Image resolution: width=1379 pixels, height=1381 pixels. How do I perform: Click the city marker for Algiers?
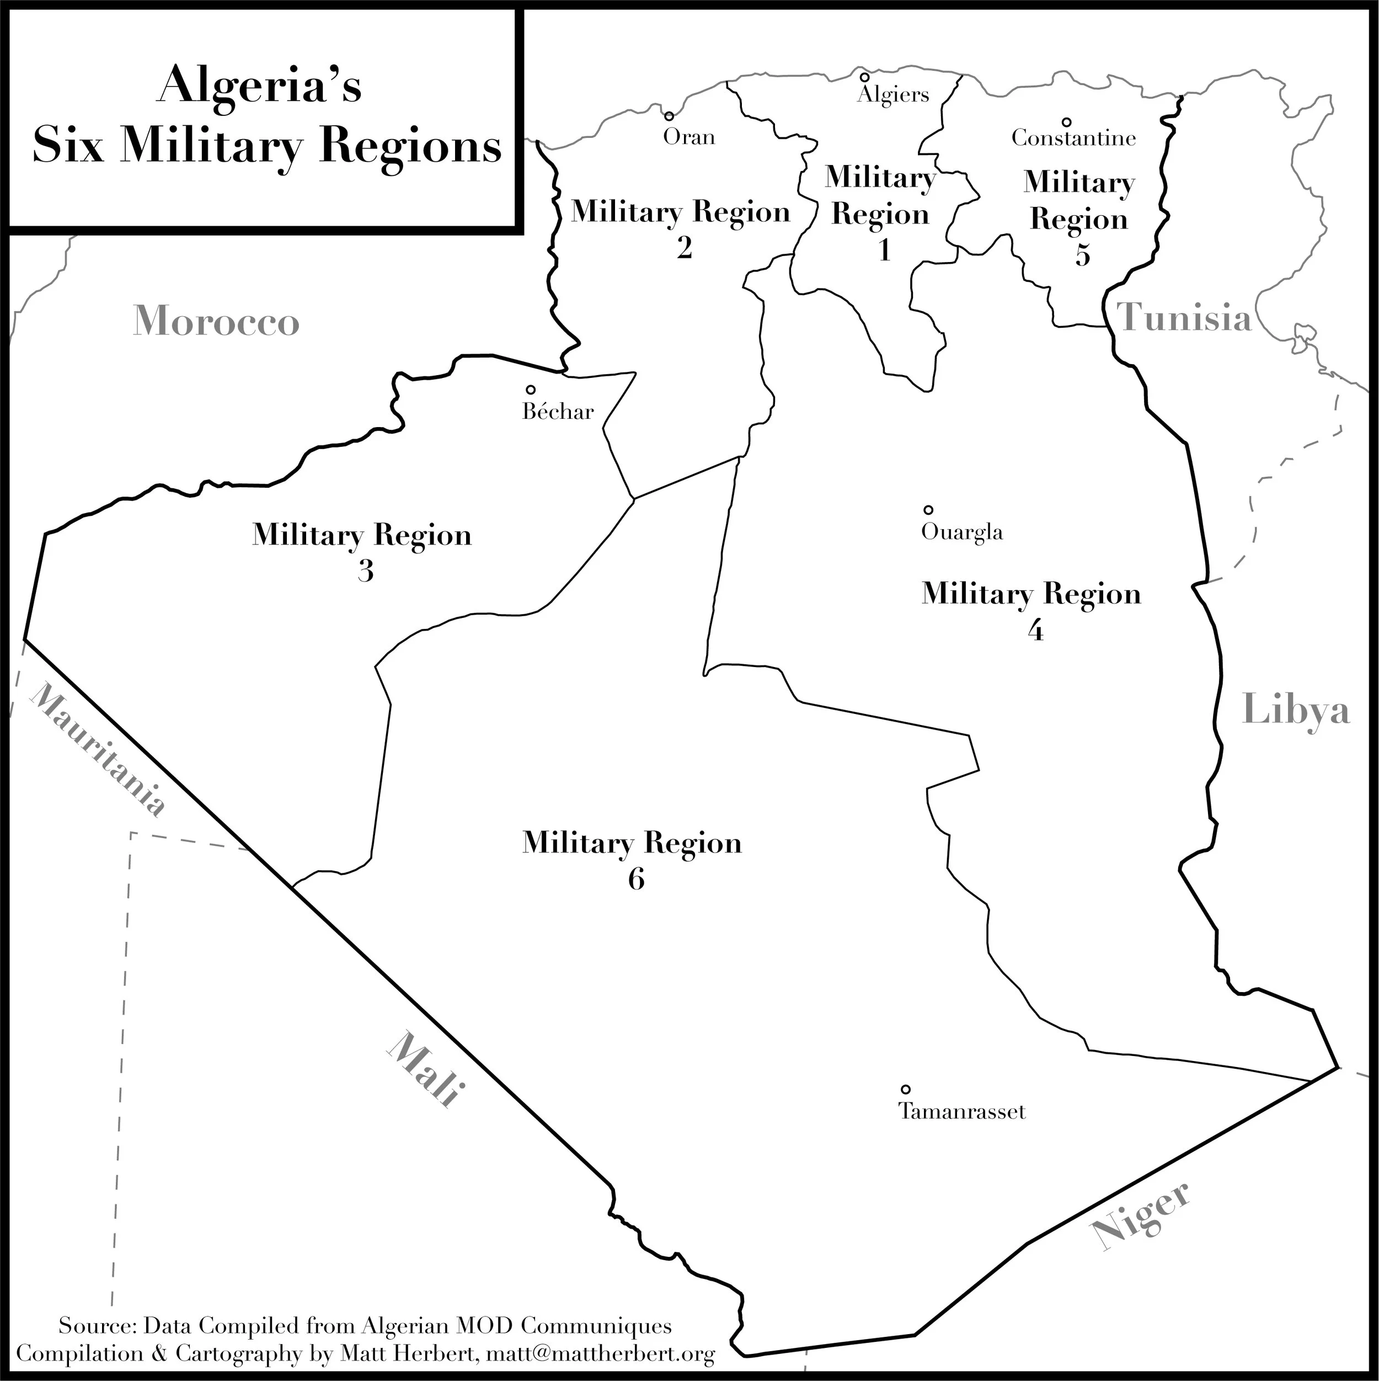[x=864, y=77]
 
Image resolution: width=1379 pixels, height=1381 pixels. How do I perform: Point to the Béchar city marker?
[x=531, y=390]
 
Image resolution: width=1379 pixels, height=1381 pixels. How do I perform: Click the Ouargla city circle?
[x=928, y=510]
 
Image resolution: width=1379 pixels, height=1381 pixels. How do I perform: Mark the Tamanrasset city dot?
[x=905, y=1089]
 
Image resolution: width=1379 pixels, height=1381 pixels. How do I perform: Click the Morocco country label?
[x=216, y=321]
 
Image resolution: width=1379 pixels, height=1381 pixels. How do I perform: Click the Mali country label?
[x=423, y=1069]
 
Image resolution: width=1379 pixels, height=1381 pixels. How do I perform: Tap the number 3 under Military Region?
[x=365, y=571]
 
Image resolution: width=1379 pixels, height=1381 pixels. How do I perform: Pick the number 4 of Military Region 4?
[x=1035, y=631]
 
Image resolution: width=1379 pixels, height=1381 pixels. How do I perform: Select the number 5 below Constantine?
[x=1082, y=255]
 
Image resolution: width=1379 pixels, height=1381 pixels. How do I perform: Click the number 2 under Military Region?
[x=684, y=248]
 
